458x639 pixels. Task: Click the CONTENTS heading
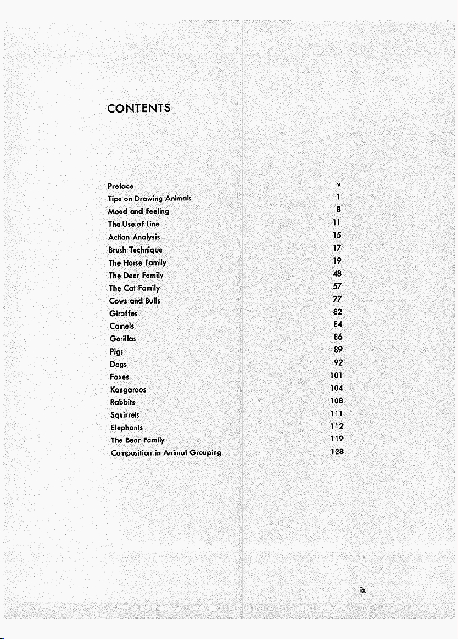pos(138,108)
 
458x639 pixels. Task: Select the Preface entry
pos(121,186)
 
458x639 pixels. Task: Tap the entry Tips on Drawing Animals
pos(149,198)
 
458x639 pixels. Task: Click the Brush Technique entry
pos(135,250)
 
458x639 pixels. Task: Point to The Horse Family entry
pos(137,263)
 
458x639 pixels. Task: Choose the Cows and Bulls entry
pos(135,301)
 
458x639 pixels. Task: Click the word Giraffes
pos(123,313)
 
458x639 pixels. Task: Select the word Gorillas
pos(122,339)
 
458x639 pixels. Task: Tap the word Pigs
pos(116,351)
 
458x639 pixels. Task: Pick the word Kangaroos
pos(128,390)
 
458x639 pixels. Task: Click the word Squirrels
pos(125,415)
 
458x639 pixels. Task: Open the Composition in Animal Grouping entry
pos(166,453)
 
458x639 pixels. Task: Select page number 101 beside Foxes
pos(337,376)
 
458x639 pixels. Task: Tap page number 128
pos(337,451)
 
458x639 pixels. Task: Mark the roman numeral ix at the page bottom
pos(362,591)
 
